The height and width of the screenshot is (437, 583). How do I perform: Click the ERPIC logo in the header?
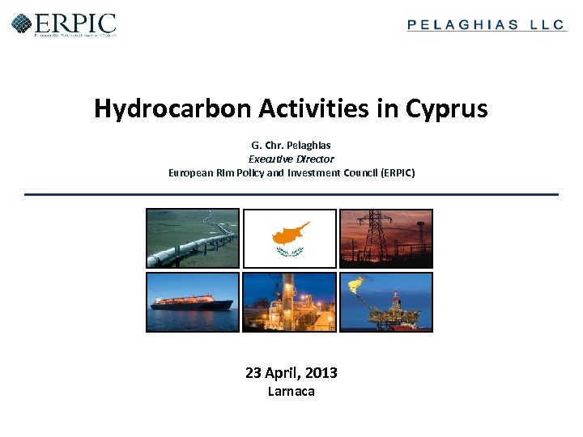64,23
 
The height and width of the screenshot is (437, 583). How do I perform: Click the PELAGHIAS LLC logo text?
486,25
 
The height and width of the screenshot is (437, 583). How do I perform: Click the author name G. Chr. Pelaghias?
291,146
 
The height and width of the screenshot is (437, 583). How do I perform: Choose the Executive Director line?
291,159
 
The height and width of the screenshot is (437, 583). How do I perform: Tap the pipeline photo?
193,238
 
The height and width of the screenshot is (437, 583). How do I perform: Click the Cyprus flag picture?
290,238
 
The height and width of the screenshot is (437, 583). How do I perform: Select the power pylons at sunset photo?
386,238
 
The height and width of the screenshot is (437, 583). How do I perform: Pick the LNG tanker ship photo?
193,302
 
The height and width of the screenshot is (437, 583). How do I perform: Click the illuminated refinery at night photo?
290,302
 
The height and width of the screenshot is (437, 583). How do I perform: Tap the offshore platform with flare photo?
386,302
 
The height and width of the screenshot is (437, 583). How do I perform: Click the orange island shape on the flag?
289,232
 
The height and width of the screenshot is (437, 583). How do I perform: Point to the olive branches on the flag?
289,252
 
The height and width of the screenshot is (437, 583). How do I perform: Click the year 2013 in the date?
321,373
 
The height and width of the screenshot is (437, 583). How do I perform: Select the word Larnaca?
291,392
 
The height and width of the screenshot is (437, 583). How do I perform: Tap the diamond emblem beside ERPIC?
21,23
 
